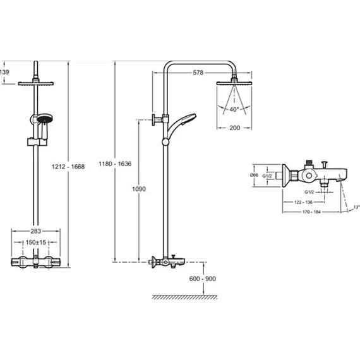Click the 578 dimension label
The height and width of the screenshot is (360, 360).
coord(198,73)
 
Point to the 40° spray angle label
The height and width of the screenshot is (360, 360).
coord(234,109)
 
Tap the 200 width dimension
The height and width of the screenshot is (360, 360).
coord(235,128)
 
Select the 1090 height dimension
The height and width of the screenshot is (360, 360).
coord(139,189)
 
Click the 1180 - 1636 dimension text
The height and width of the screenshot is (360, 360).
coord(115,164)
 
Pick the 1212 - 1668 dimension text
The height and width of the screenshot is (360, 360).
coord(68,167)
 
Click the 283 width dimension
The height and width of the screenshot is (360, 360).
coord(36,231)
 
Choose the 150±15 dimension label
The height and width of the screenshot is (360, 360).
coord(36,243)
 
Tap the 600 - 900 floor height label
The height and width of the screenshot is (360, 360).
coord(203,279)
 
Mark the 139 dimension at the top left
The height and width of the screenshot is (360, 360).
coord(4,72)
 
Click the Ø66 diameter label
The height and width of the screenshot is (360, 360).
coord(254,175)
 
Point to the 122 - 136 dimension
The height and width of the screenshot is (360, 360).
coord(303,202)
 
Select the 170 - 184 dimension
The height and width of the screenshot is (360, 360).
coord(311,212)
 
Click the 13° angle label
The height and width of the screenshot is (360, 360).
coord(356,207)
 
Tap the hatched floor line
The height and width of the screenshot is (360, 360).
coord(184,297)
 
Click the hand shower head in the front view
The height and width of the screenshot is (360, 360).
coord(45,119)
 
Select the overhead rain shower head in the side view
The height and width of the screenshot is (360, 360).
coord(234,83)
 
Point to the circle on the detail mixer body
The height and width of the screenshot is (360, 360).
coord(309,176)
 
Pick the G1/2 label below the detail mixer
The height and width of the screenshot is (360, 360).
coord(309,192)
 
